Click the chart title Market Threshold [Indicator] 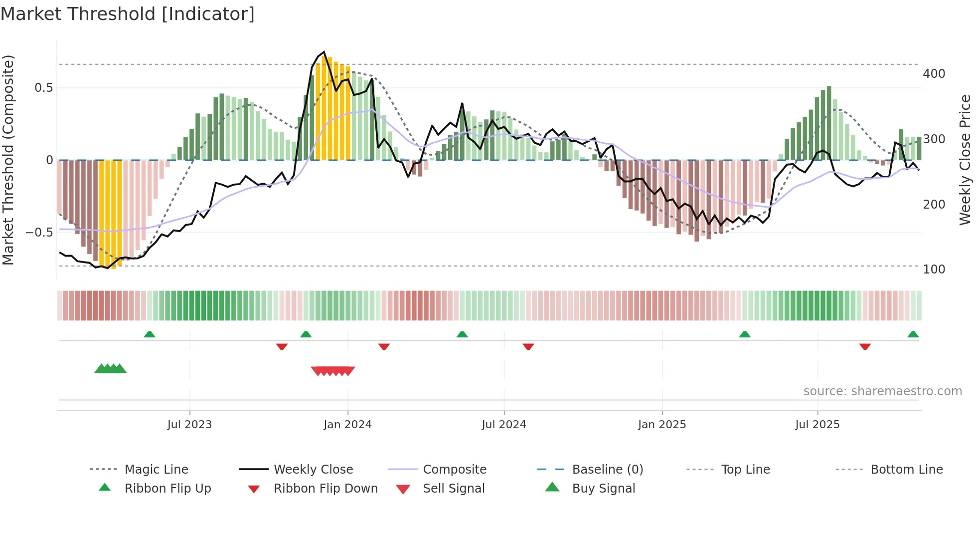(x=128, y=14)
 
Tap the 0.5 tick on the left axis (x=43, y=88)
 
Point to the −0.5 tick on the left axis (x=39, y=233)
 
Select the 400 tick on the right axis (x=934, y=74)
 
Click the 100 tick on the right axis (x=934, y=270)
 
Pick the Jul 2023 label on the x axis (x=189, y=425)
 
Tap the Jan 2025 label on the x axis (x=661, y=425)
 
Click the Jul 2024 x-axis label (x=503, y=425)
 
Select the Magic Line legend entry (x=156, y=470)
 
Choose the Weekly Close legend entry (x=313, y=470)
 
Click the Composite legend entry (x=454, y=470)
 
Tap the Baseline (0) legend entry (x=607, y=470)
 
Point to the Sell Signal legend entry (x=453, y=489)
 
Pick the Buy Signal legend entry (x=603, y=489)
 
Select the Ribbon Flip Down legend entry (x=325, y=489)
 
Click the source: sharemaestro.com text (x=882, y=391)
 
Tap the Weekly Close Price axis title (x=965, y=160)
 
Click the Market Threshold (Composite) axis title (x=8, y=160)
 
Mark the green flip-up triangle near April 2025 (x=744, y=334)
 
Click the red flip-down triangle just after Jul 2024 (x=528, y=346)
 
